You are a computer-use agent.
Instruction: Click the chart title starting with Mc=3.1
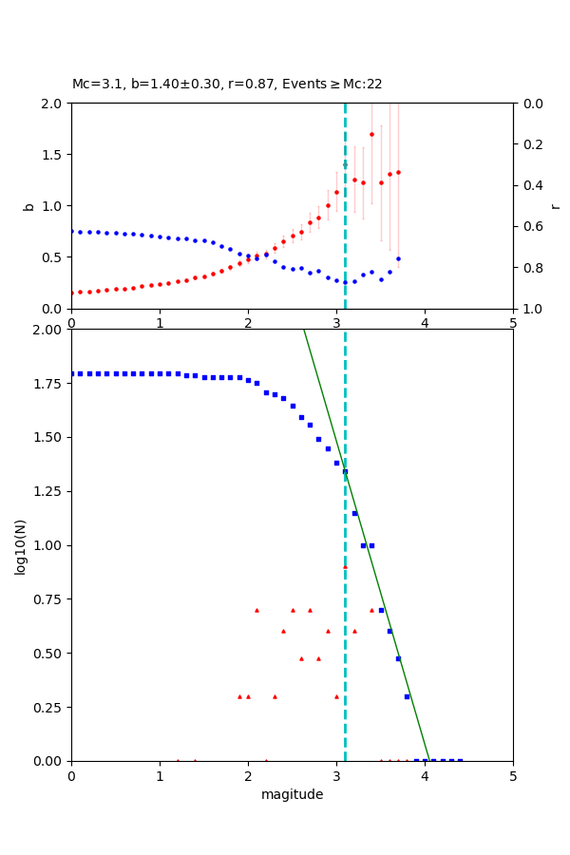point(227,85)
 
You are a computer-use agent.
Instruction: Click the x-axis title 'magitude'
point(292,794)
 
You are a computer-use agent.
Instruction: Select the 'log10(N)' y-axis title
point(20,545)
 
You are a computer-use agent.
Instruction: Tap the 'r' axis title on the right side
point(556,205)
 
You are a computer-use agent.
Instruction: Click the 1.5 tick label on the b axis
point(54,155)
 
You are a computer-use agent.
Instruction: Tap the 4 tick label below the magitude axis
point(425,775)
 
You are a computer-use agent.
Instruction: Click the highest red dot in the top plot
point(371,134)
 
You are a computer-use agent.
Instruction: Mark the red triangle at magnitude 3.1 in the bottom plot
point(345,566)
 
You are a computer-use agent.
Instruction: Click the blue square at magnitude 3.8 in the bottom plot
point(407,696)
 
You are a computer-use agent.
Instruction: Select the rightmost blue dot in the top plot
point(398,258)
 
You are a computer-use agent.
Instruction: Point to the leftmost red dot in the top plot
point(72,293)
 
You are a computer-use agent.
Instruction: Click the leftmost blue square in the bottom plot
point(72,373)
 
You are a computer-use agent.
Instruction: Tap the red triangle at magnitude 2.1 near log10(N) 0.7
point(256,610)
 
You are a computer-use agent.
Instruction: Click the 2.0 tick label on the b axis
point(54,104)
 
